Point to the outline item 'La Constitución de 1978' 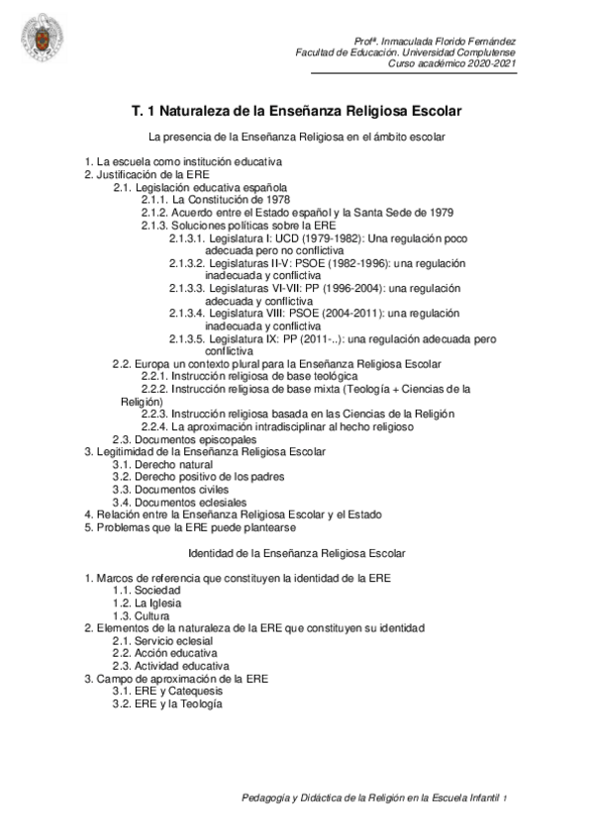click(x=210, y=199)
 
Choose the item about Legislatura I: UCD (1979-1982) click(x=332, y=239)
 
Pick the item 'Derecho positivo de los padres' click(x=189, y=477)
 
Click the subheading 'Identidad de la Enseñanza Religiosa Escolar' click(x=297, y=552)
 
